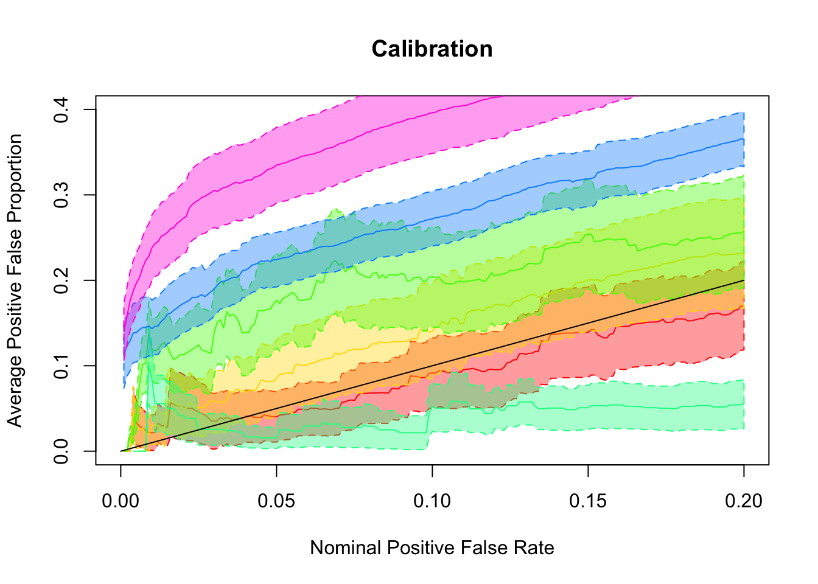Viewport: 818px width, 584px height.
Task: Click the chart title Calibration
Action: pyautogui.click(x=432, y=49)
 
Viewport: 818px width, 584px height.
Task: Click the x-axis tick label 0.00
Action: pyautogui.click(x=121, y=501)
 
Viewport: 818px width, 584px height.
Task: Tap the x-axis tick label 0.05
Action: pyautogui.click(x=276, y=501)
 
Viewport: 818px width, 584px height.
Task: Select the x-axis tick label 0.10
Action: pyautogui.click(x=432, y=501)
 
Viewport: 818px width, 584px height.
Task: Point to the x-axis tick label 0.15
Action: pyautogui.click(x=588, y=501)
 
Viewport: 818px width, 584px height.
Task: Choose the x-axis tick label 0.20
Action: pyautogui.click(x=744, y=501)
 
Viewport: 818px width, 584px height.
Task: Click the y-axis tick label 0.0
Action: pyautogui.click(x=61, y=451)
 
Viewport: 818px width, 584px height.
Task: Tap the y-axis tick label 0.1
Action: pyautogui.click(x=61, y=366)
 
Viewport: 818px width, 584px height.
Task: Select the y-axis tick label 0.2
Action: pyautogui.click(x=61, y=280)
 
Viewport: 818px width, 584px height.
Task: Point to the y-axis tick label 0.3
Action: pyautogui.click(x=61, y=195)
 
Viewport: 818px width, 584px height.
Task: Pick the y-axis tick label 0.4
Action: pyautogui.click(x=61, y=109)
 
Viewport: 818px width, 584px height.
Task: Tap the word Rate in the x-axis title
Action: pyautogui.click(x=536, y=548)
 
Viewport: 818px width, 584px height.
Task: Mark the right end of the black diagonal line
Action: pyautogui.click(x=744, y=280)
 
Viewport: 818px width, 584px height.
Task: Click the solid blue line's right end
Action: pyautogui.click(x=744, y=139)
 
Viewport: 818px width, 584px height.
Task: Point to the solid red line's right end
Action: pyautogui.click(x=744, y=306)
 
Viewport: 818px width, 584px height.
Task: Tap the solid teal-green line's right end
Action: pyautogui.click(x=744, y=404)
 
